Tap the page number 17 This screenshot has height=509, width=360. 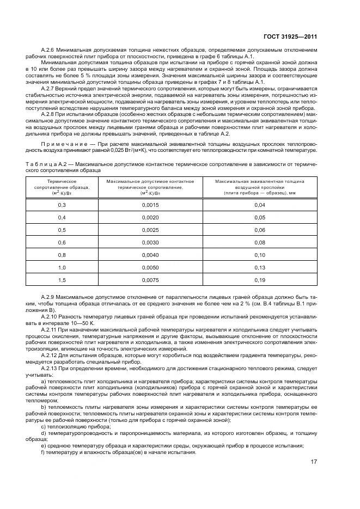pyautogui.click(x=314, y=462)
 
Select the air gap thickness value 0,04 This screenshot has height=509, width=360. pyautogui.click(x=259, y=205)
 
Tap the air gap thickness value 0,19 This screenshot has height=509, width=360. pyautogui.click(x=259, y=280)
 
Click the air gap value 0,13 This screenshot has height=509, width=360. pyautogui.click(x=259, y=267)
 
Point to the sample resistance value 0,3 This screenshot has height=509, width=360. pyautogui.click(x=62, y=205)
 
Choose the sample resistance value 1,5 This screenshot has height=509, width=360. pyautogui.click(x=62, y=280)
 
